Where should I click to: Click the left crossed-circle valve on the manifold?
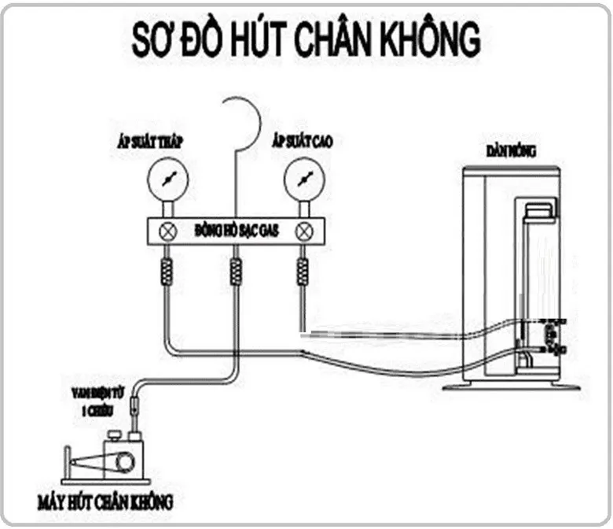pyautogui.click(x=167, y=231)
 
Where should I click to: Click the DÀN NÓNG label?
pyautogui.click(x=510, y=150)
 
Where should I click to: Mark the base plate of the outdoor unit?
pyautogui.click(x=511, y=387)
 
